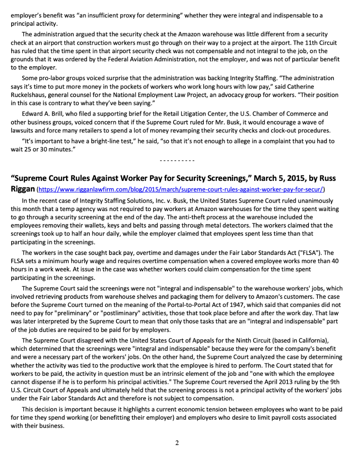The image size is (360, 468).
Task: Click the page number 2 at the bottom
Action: coord(177,443)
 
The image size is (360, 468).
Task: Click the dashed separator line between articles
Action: coord(177,161)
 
